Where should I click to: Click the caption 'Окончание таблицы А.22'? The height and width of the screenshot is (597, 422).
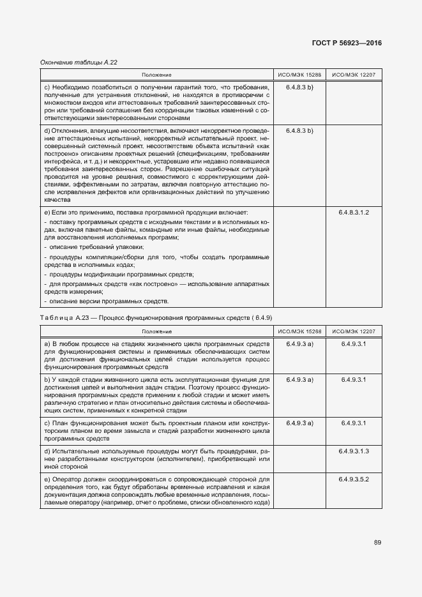(x=79, y=62)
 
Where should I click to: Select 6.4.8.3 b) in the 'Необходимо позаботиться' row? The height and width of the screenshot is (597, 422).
(x=299, y=86)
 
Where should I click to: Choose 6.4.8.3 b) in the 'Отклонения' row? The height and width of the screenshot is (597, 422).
(x=299, y=130)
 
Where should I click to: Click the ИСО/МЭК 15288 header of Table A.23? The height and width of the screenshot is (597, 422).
(x=299, y=331)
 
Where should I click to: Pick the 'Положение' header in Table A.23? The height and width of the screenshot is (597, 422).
(x=156, y=331)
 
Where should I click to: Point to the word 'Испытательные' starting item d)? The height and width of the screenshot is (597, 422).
(x=75, y=451)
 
